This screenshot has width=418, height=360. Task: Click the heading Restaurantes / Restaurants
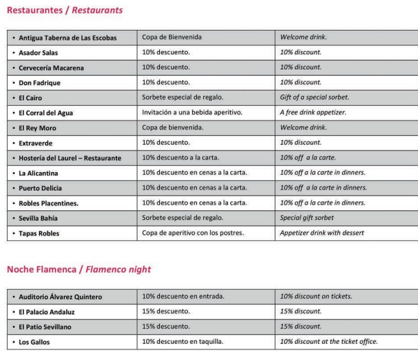click(65, 10)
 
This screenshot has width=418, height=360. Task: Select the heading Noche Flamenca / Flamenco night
click(79, 269)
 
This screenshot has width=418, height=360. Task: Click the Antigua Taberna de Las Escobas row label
click(67, 38)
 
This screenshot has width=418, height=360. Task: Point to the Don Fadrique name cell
click(40, 83)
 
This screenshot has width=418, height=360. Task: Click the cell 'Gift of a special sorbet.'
click(314, 97)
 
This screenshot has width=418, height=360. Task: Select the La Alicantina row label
click(43, 173)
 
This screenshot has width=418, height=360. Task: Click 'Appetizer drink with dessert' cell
click(321, 233)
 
